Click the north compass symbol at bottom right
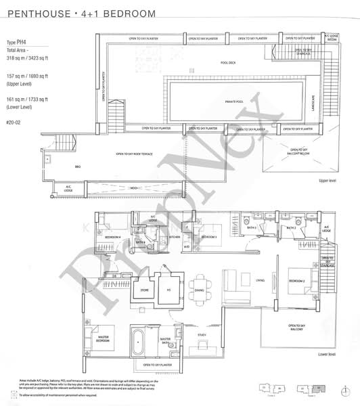[346, 393]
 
